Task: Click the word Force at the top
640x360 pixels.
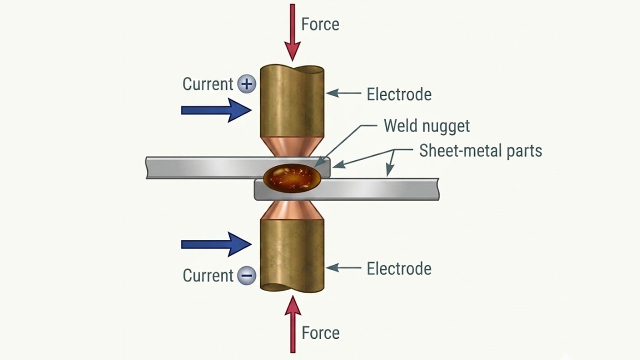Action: (x=320, y=24)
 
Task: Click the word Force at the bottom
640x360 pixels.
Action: (x=320, y=333)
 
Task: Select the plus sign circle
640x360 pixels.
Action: (x=246, y=84)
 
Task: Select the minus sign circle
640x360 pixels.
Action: (x=246, y=275)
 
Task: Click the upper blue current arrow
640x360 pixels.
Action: (x=215, y=110)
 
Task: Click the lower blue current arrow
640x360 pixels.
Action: (x=215, y=244)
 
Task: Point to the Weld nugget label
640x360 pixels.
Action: (x=426, y=125)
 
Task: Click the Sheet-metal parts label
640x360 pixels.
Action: (x=480, y=150)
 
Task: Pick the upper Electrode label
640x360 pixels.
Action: (x=398, y=94)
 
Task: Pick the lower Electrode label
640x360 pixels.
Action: (x=398, y=268)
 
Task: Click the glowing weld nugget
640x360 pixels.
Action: (x=292, y=177)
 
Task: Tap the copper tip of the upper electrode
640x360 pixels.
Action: (x=292, y=147)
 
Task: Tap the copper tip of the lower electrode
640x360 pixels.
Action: (x=292, y=210)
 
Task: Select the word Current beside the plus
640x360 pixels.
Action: (x=207, y=84)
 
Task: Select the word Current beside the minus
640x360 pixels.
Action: (x=207, y=275)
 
